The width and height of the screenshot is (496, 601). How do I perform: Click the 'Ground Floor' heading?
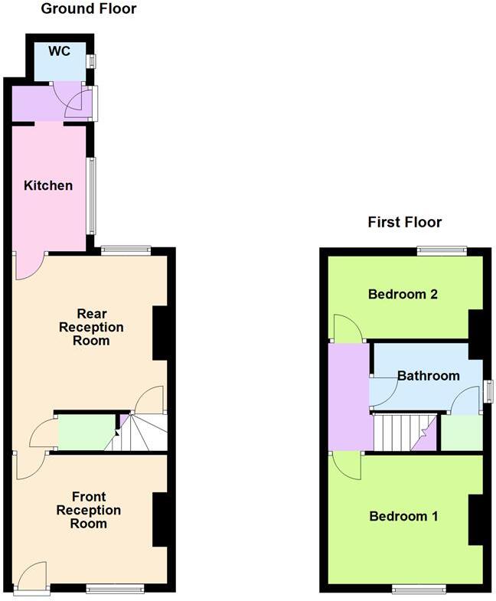[x=88, y=9]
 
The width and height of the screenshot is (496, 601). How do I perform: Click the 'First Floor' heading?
[x=404, y=223]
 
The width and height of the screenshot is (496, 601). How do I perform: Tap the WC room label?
[x=59, y=51]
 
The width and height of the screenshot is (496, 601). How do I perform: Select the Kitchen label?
[x=48, y=185]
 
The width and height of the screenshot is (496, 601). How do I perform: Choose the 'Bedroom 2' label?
[x=403, y=294]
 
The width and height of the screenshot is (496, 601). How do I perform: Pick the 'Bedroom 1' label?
[x=403, y=516]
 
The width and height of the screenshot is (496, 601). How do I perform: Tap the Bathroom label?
[x=428, y=375]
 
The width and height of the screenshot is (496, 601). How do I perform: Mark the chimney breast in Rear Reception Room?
[x=160, y=333]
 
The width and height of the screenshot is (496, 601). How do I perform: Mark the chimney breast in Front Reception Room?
[x=160, y=519]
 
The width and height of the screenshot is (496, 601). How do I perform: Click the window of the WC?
[x=91, y=61]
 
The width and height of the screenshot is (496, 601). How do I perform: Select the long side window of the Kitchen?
[x=92, y=195]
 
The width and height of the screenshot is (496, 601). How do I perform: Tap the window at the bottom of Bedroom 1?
[x=419, y=589]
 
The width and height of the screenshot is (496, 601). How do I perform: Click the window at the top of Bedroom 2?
[x=442, y=250]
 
